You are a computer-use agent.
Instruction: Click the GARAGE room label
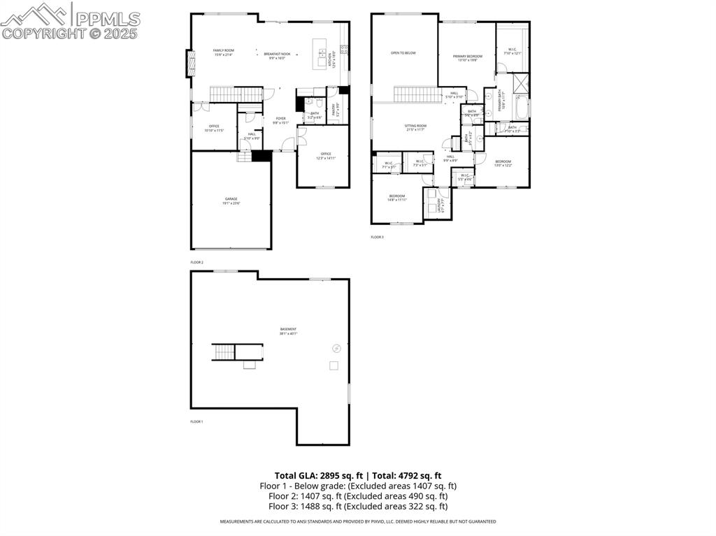tap(231, 200)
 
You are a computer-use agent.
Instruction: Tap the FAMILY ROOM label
tap(223, 51)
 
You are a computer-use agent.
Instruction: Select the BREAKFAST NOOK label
tap(277, 53)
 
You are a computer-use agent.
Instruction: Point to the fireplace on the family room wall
tap(188, 64)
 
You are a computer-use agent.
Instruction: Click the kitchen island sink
tap(322, 53)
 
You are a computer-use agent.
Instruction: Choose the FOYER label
tap(280, 119)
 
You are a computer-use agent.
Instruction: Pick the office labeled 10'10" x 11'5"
tap(214, 127)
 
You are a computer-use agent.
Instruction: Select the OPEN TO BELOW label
tap(403, 52)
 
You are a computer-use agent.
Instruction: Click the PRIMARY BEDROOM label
tap(467, 56)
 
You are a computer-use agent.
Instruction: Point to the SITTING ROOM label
tap(415, 126)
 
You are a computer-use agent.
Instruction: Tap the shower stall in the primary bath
tap(521, 83)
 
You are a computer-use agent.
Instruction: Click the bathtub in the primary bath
tap(522, 109)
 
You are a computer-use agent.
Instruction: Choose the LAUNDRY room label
tap(440, 205)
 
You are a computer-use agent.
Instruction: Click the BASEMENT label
tap(288, 330)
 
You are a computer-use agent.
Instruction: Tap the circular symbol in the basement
tap(336, 347)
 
